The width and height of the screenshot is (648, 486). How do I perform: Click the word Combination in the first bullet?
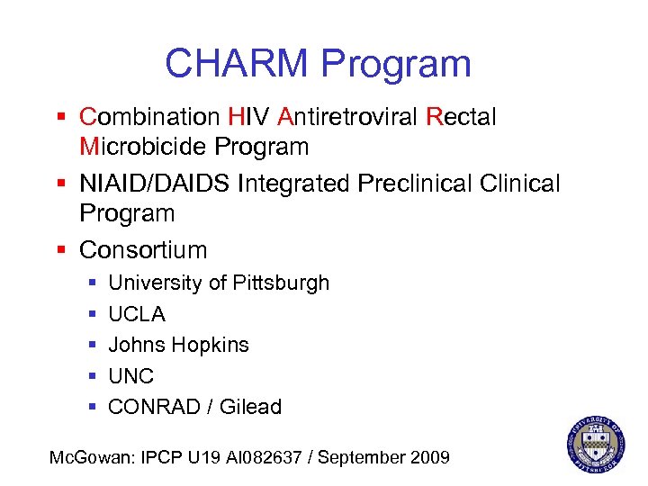click(149, 117)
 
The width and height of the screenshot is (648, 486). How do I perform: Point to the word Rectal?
click(461, 117)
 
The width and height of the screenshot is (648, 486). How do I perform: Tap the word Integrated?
click(296, 184)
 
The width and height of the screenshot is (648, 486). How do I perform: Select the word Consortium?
click(143, 249)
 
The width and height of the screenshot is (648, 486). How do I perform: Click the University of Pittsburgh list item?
click(219, 283)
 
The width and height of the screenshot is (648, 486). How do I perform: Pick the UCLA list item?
click(137, 314)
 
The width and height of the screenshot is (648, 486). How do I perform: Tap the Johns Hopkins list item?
click(178, 345)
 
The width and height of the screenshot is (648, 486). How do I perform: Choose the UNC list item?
click(131, 376)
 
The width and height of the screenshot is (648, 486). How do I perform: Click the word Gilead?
click(251, 407)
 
